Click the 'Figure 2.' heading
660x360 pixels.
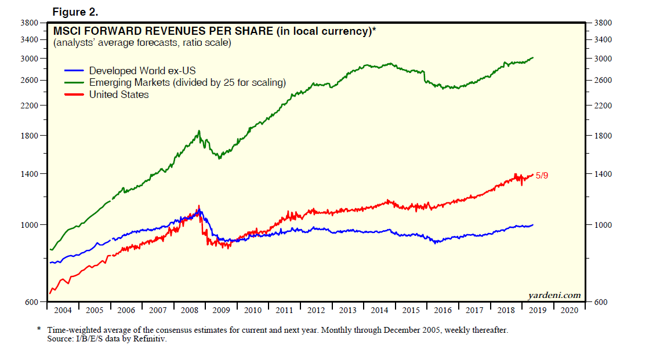pos(76,12)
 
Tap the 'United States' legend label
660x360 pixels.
pos(119,94)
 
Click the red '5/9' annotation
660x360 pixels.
pos(542,175)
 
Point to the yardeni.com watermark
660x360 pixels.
pos(554,295)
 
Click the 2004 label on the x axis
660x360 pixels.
pos(63,310)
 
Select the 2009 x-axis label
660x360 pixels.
pos(221,310)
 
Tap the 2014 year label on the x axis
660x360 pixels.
pos(380,310)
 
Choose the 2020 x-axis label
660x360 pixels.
pos(570,310)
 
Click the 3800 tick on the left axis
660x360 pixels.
pos(30,23)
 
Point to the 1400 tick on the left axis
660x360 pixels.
pos(30,174)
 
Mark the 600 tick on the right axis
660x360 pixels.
pos(601,302)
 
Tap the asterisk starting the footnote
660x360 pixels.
pos(39,329)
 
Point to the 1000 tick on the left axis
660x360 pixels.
pos(30,225)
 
